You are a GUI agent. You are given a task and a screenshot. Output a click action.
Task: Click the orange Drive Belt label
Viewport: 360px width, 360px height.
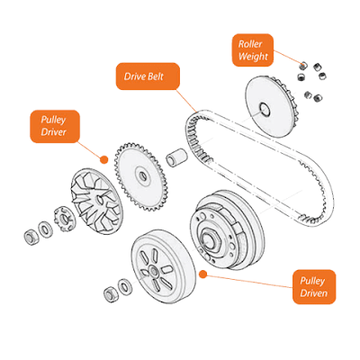click(148, 76)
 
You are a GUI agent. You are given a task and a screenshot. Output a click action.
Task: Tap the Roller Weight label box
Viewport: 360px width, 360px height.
click(253, 50)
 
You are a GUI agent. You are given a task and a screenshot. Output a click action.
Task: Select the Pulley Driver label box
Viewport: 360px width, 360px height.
click(55, 126)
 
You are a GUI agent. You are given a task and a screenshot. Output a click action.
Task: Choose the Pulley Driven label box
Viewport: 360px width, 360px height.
click(314, 287)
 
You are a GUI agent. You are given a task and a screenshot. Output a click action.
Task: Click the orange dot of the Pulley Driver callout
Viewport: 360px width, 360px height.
click(104, 159)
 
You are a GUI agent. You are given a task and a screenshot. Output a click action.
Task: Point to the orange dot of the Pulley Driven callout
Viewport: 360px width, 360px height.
click(203, 274)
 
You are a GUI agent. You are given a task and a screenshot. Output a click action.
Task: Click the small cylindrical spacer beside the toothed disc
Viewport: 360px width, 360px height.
click(176, 157)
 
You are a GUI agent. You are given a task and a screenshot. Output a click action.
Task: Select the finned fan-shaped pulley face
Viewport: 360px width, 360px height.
click(96, 201)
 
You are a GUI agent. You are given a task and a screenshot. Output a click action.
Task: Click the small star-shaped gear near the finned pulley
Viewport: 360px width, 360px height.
click(65, 220)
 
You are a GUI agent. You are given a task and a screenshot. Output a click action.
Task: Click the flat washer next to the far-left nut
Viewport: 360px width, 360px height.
click(46, 229)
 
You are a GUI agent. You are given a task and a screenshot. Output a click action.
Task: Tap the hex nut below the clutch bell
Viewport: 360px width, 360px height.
click(111, 294)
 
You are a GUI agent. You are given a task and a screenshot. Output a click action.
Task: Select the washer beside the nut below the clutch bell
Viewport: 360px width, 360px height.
click(125, 287)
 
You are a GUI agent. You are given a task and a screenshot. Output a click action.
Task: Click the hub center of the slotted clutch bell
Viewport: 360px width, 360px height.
click(155, 273)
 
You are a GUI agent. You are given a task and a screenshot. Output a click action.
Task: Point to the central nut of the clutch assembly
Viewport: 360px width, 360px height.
click(211, 237)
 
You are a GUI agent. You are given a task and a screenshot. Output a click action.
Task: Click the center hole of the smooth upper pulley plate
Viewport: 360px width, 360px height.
click(265, 109)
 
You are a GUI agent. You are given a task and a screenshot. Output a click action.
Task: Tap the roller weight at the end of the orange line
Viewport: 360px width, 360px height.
click(304, 65)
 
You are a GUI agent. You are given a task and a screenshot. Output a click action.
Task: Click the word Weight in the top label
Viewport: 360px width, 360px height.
click(253, 57)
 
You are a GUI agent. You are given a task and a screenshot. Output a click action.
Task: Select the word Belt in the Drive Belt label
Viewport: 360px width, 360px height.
click(156, 76)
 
